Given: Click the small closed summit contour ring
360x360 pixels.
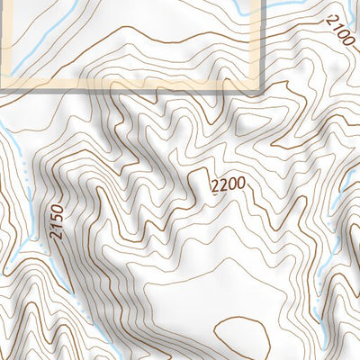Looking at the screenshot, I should (x=241, y=337).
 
